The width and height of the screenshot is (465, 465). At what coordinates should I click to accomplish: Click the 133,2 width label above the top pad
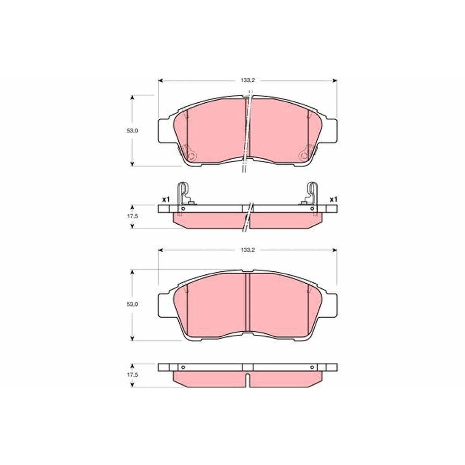[x=248, y=80]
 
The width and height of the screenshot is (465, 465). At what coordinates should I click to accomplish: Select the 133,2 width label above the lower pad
[x=248, y=250]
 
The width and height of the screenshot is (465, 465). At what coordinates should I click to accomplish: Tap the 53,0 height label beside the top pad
[x=132, y=131]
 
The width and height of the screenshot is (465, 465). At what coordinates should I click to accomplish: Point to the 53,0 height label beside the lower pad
[x=132, y=304]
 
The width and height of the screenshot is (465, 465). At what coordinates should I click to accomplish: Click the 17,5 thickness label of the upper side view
[x=132, y=216]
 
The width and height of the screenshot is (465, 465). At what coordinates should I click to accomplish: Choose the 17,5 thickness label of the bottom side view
[x=132, y=375]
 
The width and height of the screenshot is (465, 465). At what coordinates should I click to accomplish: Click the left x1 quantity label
[x=166, y=199]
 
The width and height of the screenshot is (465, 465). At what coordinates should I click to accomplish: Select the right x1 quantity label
[x=333, y=199]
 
